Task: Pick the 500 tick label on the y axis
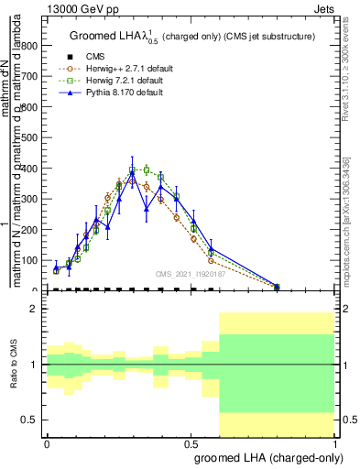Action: coord(35,137)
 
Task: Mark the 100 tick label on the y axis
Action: coord(35,260)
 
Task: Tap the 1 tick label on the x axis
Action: coord(335,442)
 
